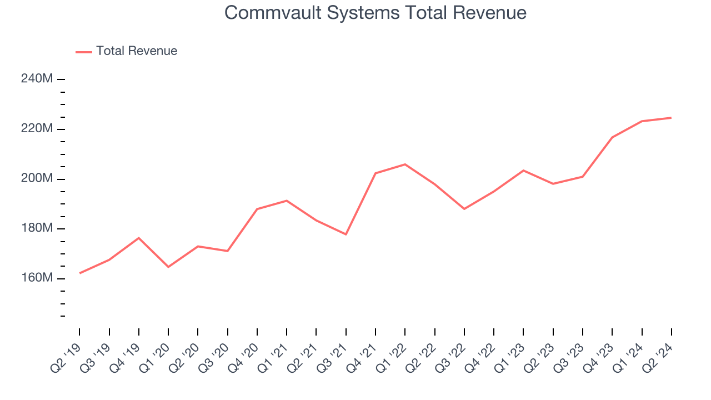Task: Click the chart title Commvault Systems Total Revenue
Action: [x=375, y=12]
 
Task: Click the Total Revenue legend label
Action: [x=137, y=51]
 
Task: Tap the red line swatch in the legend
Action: [x=83, y=52]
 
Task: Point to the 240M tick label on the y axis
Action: [x=37, y=79]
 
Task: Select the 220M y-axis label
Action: [x=37, y=129]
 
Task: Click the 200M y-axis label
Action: [x=37, y=179]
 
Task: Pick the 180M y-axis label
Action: [x=37, y=228]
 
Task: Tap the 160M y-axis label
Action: [x=37, y=278]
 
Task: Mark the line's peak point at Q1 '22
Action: [x=405, y=164]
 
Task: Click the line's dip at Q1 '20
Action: [x=168, y=267]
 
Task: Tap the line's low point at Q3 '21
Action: [x=346, y=234]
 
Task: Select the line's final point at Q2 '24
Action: [x=671, y=118]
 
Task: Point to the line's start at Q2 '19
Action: [x=80, y=273]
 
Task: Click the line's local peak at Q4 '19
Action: [x=139, y=238]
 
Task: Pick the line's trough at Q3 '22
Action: [x=464, y=209]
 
